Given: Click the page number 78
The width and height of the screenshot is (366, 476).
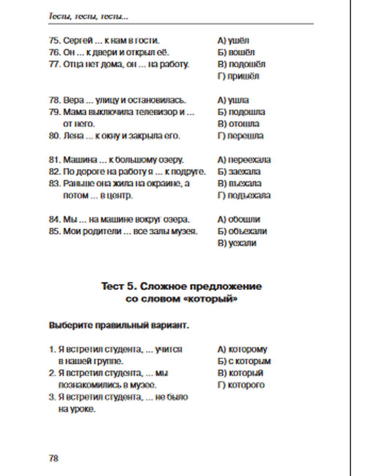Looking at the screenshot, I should pos(53,458).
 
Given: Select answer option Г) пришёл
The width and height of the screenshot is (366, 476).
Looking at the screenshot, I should pos(238,76).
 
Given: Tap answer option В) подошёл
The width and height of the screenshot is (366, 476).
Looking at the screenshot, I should pos(241,64).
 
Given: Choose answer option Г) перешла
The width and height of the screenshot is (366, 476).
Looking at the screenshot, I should pos(240,136).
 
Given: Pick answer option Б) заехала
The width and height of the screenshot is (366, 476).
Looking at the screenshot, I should pos(239,171).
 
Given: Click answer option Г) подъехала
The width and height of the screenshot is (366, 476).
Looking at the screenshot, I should pos(244,196).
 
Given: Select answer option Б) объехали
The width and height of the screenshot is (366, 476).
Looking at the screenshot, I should pos(242,231).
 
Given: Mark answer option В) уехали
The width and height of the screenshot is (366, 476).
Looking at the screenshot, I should pos(237,243).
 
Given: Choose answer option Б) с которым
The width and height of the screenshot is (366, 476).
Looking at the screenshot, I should pos(244,361).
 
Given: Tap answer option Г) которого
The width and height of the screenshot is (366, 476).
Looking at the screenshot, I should pos(241,385).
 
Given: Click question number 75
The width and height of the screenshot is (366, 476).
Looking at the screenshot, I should pos(54,40).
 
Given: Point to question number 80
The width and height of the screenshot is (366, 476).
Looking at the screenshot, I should pos(54,136).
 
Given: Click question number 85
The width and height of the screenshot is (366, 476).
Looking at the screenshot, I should pos(54,231).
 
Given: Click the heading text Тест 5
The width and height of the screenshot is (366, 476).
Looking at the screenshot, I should pos(119,286).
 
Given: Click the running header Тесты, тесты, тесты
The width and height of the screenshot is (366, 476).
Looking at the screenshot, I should pos(88,16).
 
